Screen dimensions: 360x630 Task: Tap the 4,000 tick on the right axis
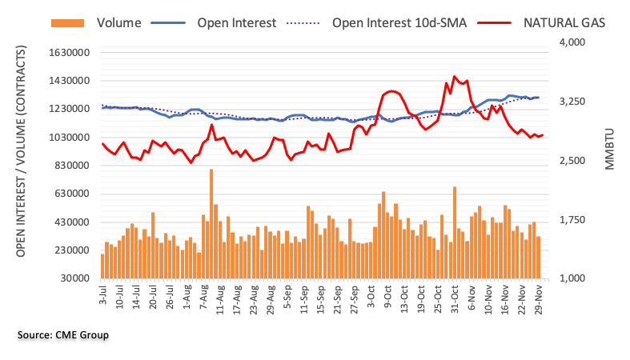(573, 42)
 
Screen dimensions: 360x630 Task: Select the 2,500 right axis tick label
(573, 161)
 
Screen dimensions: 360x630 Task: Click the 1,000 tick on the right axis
(573, 278)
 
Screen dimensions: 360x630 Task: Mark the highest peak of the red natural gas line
(455, 77)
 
